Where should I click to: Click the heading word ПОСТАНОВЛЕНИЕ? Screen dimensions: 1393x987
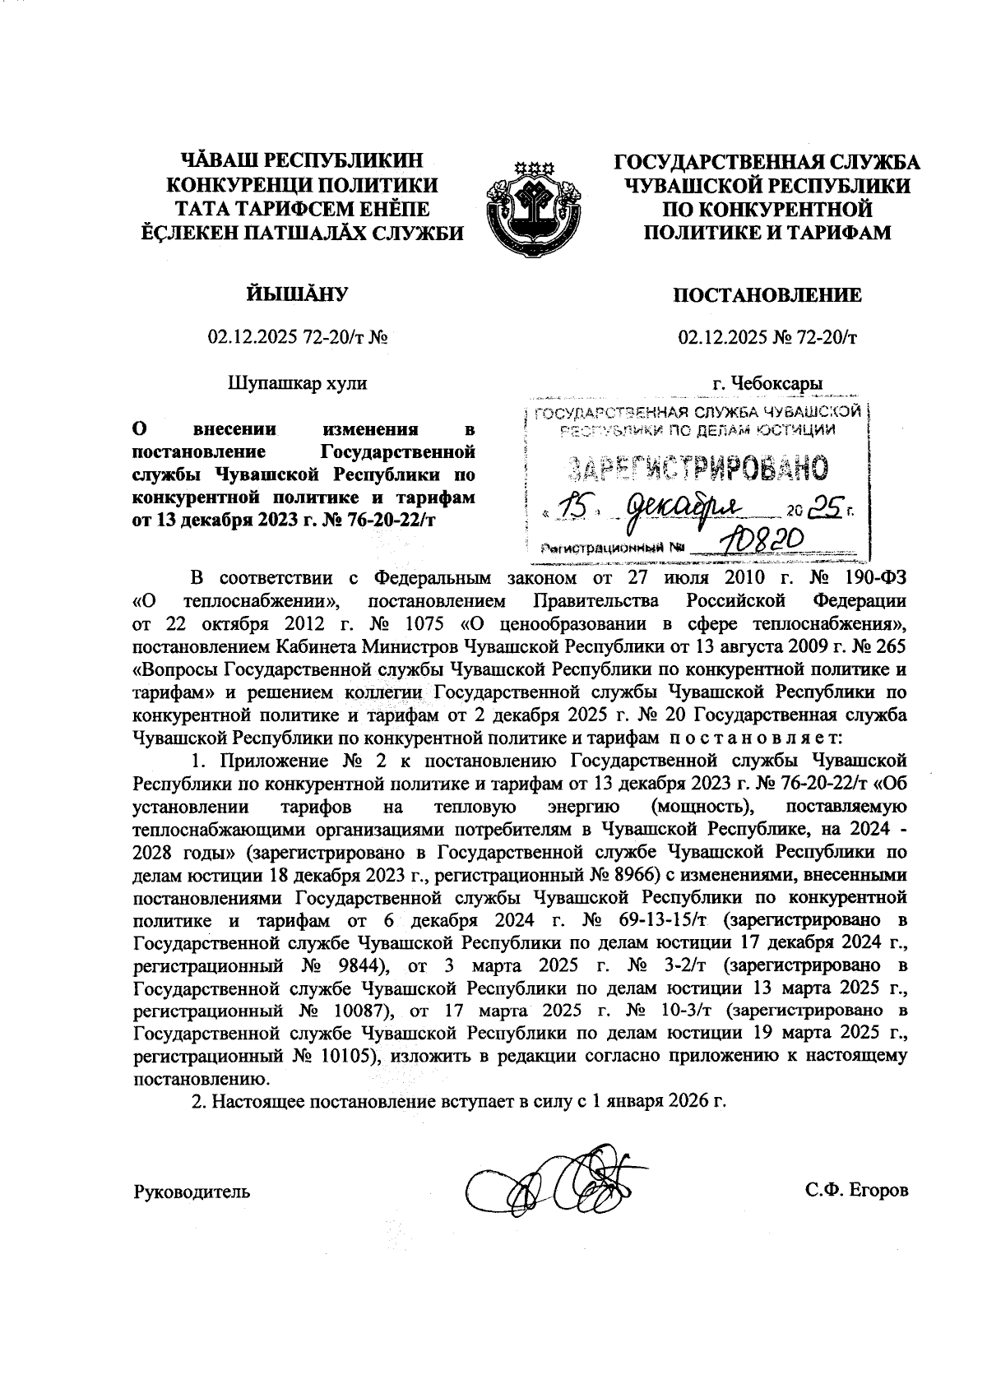tap(767, 295)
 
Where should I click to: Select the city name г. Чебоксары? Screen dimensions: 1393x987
tap(767, 383)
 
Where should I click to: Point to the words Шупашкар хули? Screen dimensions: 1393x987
tap(297, 383)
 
